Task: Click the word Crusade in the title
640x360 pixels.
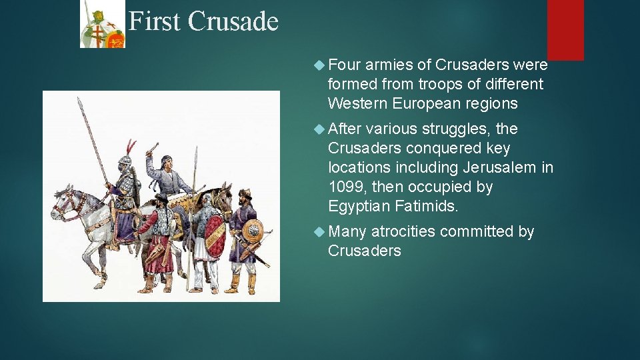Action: pos(233,21)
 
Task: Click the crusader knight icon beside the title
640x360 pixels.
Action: pos(102,25)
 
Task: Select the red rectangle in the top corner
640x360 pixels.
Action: pos(565,29)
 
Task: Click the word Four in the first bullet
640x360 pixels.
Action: pos(345,65)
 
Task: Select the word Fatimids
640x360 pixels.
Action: pos(426,206)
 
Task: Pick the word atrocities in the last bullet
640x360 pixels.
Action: pos(403,231)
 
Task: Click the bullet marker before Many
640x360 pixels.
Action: pos(317,231)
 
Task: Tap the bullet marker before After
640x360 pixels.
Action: pos(317,129)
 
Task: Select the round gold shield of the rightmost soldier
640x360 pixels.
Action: pos(253,230)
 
